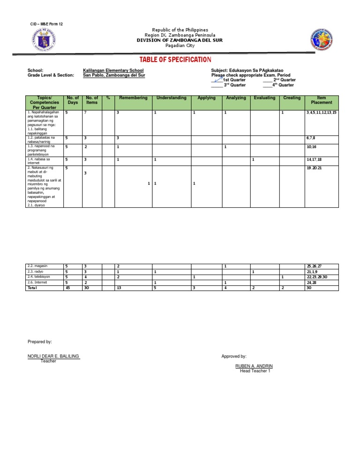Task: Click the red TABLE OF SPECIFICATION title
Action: pyautogui.click(x=175, y=60)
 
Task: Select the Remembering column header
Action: pyautogui.click(x=133, y=98)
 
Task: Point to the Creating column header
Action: pyautogui.click(x=292, y=98)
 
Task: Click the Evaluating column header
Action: pyautogui.click(x=265, y=98)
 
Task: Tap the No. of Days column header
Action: pyautogui.click(x=73, y=100)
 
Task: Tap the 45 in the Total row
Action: pyautogui.click(x=67, y=288)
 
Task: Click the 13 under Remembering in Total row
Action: pyautogui.click(x=119, y=288)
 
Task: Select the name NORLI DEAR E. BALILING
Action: pyautogui.click(x=53, y=356)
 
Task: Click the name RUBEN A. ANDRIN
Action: pyautogui.click(x=254, y=366)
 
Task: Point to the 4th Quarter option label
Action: pyautogui.click(x=283, y=85)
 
